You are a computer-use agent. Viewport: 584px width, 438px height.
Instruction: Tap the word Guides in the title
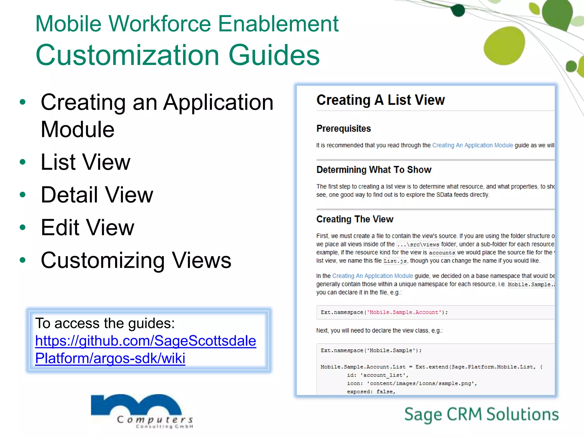coord(274,55)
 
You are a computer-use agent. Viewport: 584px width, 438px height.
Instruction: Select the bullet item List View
coord(86,162)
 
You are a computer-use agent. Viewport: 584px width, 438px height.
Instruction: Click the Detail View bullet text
coord(97,195)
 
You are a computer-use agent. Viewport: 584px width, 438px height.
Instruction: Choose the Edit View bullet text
coord(87,228)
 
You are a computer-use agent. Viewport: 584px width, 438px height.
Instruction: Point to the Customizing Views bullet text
coord(136,260)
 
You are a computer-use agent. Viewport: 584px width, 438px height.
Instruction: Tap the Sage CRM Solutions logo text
coord(481,414)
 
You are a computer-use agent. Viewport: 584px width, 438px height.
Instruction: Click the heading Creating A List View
coord(380,100)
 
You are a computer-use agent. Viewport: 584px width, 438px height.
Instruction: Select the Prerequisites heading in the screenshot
coord(344,129)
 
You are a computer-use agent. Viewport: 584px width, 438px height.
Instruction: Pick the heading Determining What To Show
coord(374,170)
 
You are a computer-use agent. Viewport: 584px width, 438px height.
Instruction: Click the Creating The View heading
coord(355,219)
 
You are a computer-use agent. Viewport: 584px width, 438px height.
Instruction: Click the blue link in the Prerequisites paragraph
coord(473,145)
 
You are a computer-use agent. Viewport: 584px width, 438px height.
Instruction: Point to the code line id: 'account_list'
coord(378,375)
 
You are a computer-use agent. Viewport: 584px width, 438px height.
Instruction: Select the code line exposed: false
coord(371,392)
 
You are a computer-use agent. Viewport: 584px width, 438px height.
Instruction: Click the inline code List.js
coord(395,261)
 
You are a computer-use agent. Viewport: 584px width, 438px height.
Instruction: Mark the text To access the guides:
coord(105,323)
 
